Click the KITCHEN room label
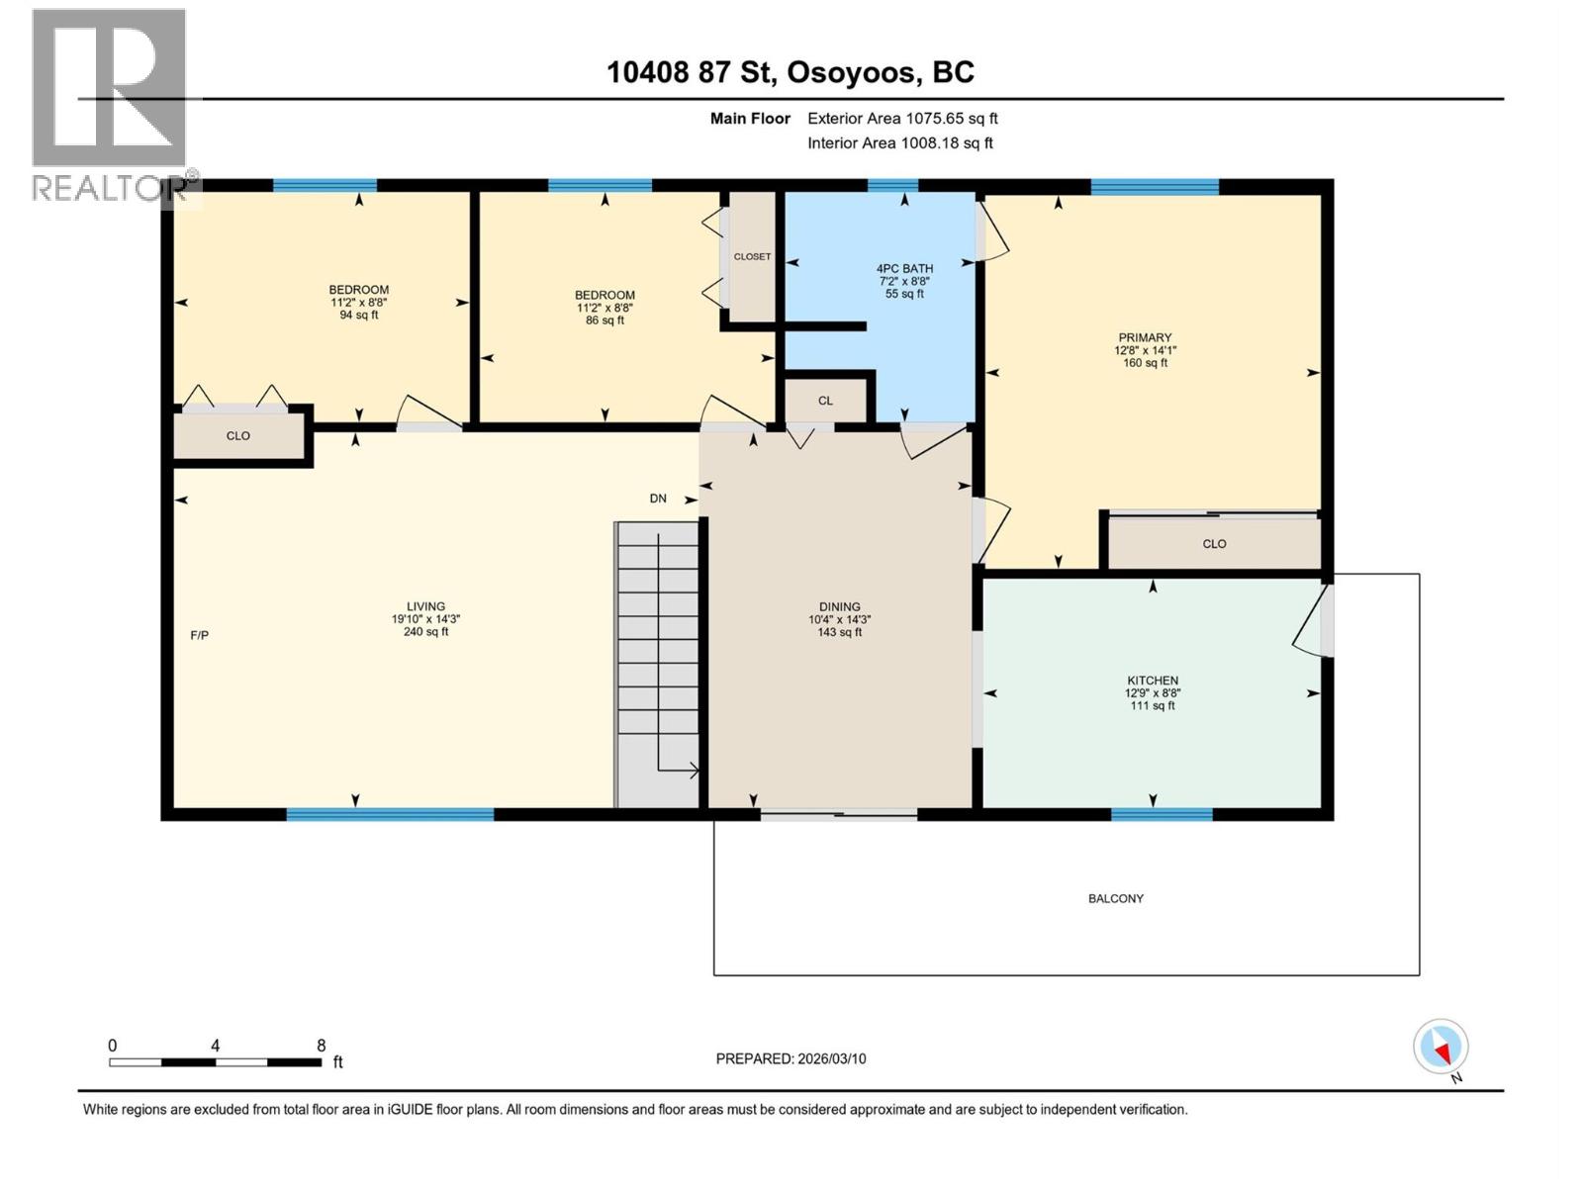click(x=1153, y=681)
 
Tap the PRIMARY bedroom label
click(x=1145, y=338)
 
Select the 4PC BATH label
click(x=904, y=268)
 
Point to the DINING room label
click(x=839, y=607)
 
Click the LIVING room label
click(x=425, y=607)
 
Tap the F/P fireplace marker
click(x=199, y=635)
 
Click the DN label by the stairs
click(x=658, y=499)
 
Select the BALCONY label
click(x=1115, y=899)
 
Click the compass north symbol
click(x=1441, y=1047)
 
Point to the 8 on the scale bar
click(x=321, y=1046)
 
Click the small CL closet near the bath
click(x=825, y=401)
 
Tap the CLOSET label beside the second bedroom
click(x=752, y=256)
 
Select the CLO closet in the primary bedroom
click(x=1214, y=544)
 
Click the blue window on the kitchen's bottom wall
click(x=1162, y=815)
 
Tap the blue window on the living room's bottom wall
click(x=390, y=815)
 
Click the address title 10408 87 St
click(x=790, y=72)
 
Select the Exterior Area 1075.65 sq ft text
click(x=902, y=119)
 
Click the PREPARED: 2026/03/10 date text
click(x=791, y=1058)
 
